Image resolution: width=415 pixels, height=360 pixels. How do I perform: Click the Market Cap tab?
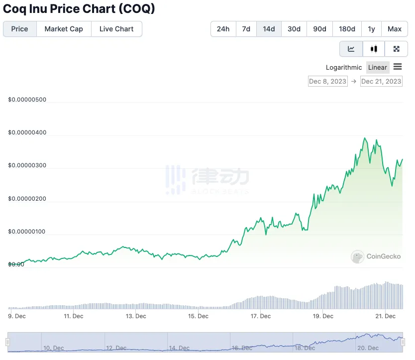click(64, 29)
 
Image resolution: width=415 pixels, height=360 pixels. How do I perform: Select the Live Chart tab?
click(116, 29)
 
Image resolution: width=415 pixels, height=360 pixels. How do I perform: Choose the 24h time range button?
click(223, 29)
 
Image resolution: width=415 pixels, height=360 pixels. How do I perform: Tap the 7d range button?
click(246, 29)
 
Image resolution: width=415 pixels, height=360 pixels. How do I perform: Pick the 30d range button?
click(294, 29)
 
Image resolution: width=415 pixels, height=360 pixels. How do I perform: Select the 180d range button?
click(347, 29)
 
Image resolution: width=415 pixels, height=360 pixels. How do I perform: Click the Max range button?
click(395, 29)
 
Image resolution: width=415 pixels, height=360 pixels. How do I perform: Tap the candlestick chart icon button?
click(374, 49)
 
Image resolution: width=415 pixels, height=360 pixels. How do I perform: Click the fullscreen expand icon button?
click(397, 49)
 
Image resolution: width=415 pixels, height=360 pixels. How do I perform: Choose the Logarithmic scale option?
click(344, 68)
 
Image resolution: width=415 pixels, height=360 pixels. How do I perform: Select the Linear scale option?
click(378, 68)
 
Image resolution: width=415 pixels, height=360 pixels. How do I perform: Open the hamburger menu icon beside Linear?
click(398, 67)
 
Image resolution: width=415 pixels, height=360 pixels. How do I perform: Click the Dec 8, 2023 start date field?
click(328, 82)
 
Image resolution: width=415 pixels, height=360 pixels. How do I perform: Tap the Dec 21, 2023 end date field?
click(381, 82)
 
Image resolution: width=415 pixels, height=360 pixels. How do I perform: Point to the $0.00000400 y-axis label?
click(27, 132)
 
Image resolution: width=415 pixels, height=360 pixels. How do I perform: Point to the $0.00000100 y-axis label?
click(27, 232)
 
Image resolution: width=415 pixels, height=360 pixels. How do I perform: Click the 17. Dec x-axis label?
click(261, 316)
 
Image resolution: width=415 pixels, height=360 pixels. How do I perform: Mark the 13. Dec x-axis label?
click(136, 316)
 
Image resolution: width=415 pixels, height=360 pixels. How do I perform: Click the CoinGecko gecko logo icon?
click(357, 257)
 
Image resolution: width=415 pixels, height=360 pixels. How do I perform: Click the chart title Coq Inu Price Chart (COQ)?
click(79, 9)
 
